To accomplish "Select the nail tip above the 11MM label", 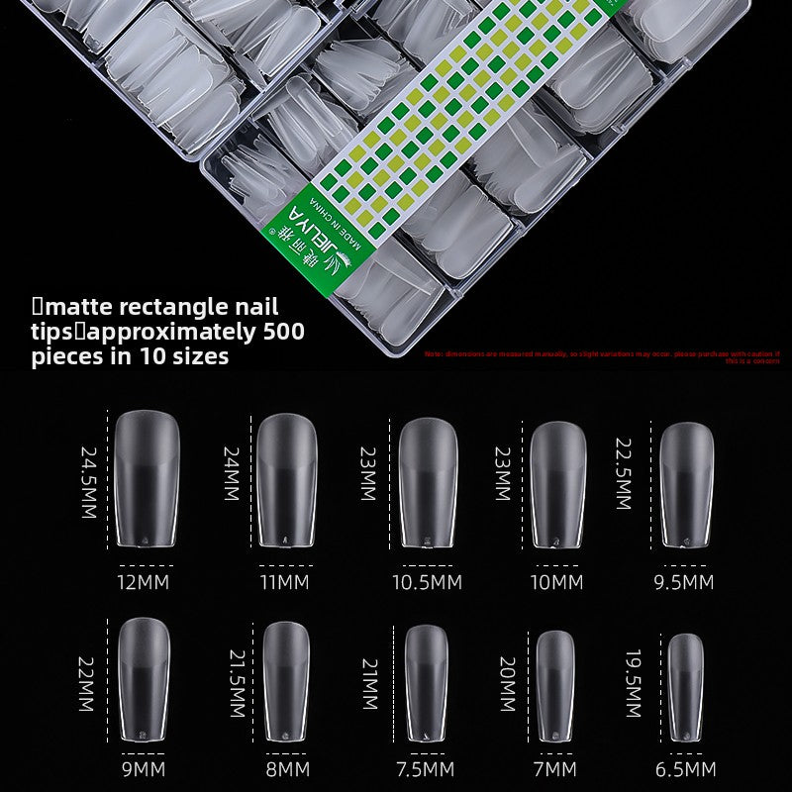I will pyautogui.click(x=285, y=479).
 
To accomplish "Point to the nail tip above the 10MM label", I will pyautogui.click(x=557, y=484).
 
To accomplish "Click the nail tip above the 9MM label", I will pyautogui.click(x=145, y=681).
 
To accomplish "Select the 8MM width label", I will pyautogui.click(x=285, y=769).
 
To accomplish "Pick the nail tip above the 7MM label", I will pyautogui.click(x=556, y=685).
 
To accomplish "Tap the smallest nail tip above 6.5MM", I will pyautogui.click(x=685, y=686).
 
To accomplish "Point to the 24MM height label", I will pyautogui.click(x=231, y=472).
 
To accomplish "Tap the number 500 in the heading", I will pyautogui.click(x=284, y=331).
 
